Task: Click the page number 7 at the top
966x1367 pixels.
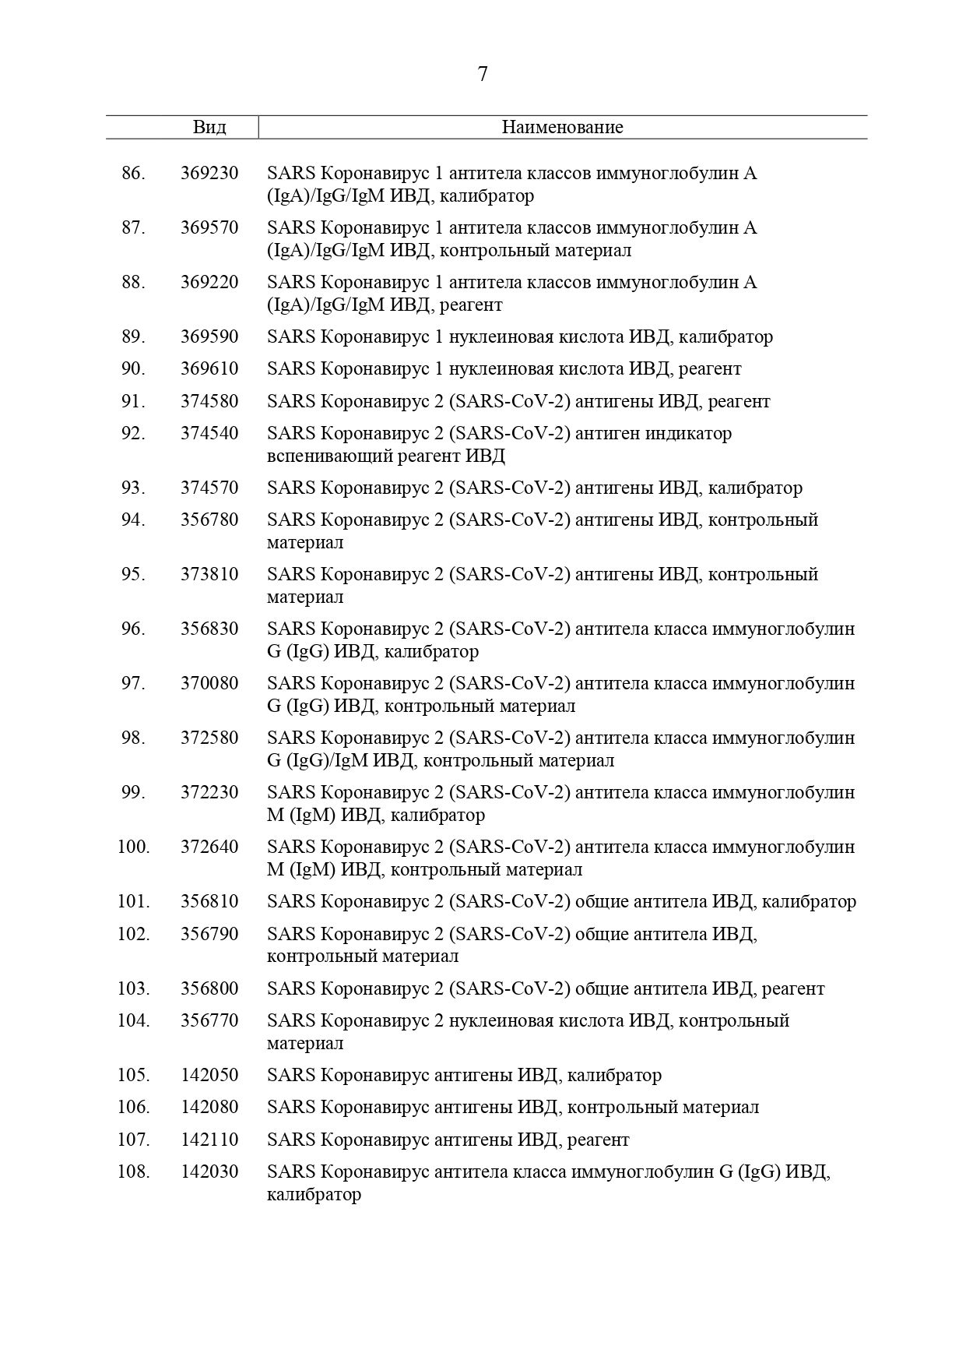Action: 483,74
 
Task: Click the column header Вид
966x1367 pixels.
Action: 209,127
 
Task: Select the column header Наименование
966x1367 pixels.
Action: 562,127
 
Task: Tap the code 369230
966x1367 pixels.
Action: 209,173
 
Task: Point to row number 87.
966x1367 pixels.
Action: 133,227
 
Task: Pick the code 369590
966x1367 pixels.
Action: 209,336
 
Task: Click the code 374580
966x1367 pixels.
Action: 209,401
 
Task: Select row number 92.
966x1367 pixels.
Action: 133,432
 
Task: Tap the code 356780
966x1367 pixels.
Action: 209,520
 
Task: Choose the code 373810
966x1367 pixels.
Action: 209,574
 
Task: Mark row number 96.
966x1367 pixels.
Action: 133,629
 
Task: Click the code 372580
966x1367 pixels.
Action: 209,738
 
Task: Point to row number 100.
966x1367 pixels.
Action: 133,847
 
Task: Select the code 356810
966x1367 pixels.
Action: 209,901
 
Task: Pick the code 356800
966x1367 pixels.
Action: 209,988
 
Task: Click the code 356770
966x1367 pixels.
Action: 209,1020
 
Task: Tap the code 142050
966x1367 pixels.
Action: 209,1075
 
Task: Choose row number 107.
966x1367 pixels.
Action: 133,1140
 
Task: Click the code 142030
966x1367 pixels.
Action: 209,1171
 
